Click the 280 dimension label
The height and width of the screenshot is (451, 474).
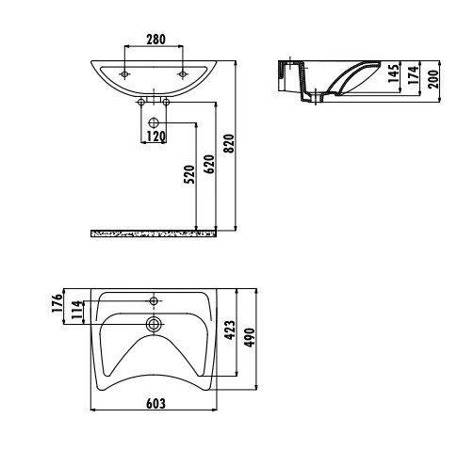point(155,40)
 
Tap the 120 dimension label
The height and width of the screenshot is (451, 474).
point(156,137)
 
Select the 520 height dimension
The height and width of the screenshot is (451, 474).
point(189,174)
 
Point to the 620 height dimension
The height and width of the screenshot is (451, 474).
point(209,164)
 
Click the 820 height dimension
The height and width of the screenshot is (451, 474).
point(229,143)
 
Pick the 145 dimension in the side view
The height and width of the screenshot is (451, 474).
point(393,72)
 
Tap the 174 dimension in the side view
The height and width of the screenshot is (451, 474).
point(414,75)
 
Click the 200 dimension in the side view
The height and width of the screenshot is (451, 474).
point(433,79)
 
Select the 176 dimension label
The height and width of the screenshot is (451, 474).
point(57,303)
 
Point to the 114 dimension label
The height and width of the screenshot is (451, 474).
point(77,310)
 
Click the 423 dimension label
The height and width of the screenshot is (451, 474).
point(230,330)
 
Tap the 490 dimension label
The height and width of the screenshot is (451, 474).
point(250,337)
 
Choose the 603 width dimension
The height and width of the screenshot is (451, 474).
point(155,403)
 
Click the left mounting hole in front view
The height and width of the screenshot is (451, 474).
point(124,74)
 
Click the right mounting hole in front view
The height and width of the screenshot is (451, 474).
point(182,74)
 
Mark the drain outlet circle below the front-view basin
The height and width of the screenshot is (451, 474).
point(154,122)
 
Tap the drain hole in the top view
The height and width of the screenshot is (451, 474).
point(154,324)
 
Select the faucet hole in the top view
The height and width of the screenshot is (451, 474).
point(154,301)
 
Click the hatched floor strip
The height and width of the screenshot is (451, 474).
point(154,234)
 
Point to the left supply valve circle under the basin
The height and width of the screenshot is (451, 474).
point(141,102)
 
